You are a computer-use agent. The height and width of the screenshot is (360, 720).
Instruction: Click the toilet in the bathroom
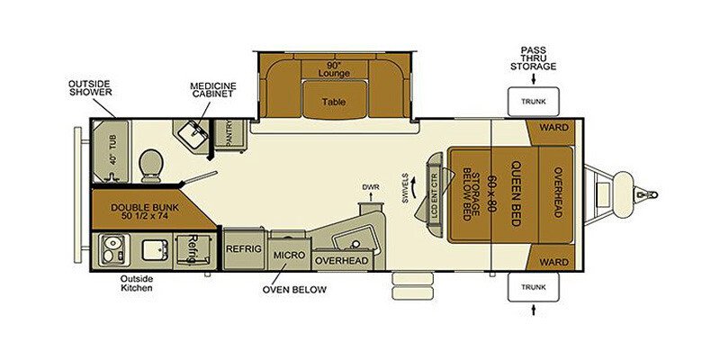151,166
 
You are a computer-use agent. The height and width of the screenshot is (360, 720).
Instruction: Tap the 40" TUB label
112,151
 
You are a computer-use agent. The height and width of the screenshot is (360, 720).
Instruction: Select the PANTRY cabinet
230,134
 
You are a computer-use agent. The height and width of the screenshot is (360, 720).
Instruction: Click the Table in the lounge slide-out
334,102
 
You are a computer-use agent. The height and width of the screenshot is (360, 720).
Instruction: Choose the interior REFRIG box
244,249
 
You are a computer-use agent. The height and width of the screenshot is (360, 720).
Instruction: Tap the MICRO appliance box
289,255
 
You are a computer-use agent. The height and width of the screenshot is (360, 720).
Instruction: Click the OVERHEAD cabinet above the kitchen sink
342,260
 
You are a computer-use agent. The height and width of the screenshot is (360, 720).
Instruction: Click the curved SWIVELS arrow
415,187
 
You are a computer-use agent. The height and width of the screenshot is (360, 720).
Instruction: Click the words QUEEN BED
515,193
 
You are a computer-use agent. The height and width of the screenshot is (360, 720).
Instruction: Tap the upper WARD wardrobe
550,131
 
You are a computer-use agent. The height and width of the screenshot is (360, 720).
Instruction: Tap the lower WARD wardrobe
550,257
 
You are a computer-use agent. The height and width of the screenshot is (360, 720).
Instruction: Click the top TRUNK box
533,102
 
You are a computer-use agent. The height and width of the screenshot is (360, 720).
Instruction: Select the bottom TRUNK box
533,287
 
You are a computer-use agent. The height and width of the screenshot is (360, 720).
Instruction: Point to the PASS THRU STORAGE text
533,58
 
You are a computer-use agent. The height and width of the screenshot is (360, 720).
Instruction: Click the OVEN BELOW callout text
294,290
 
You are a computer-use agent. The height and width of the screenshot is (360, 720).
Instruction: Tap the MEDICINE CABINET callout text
213,89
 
